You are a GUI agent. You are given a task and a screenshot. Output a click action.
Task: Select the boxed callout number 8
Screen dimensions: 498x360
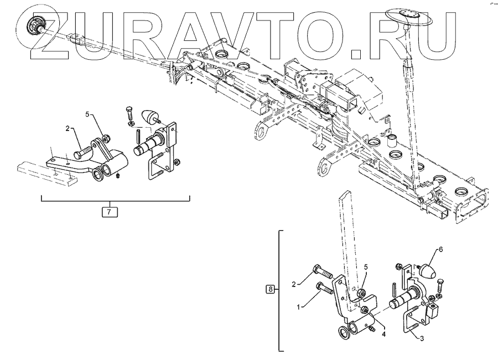click(x=270, y=289)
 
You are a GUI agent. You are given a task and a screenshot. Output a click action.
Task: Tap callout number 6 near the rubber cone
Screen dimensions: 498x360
click(x=441, y=249)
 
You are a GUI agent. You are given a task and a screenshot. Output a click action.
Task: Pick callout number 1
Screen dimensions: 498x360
click(x=299, y=306)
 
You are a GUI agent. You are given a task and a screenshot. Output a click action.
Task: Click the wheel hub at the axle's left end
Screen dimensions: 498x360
click(x=37, y=24)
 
